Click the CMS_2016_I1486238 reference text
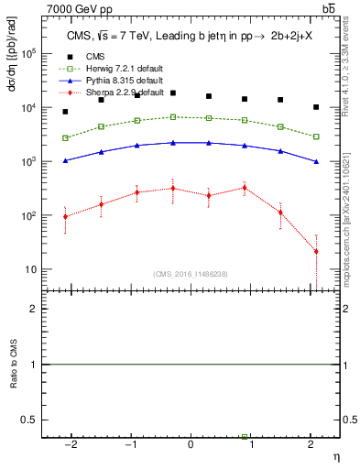coord(191,274)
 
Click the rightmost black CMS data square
coord(316,107)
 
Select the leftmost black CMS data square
coord(65,112)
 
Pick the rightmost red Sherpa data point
coord(316,251)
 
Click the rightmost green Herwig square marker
coord(316,136)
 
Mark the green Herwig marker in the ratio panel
coord(245,437)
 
